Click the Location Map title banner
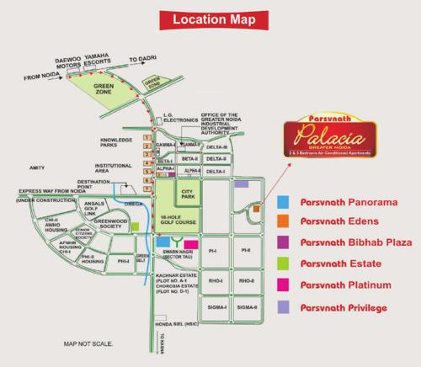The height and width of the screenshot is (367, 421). coord(210,18)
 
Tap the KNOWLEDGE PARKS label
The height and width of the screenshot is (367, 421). coord(117,142)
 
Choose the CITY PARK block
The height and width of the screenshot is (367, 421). coord(187,192)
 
